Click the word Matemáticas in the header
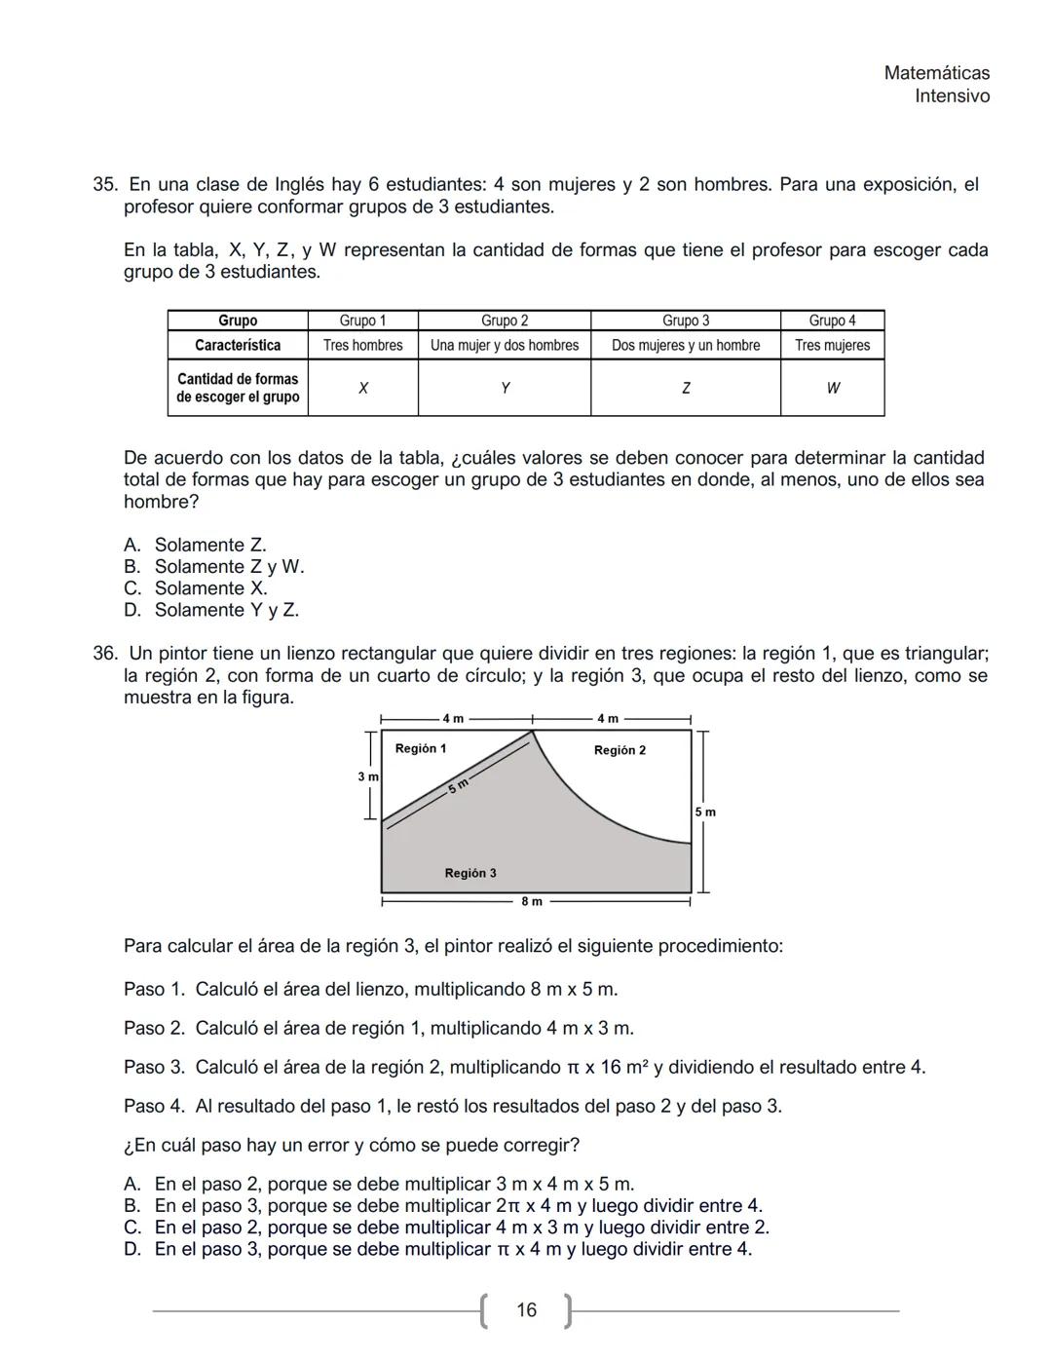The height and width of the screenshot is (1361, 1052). pos(936,73)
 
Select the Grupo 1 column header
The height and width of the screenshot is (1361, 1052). pos(362,321)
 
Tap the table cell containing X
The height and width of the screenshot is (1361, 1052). pos(362,389)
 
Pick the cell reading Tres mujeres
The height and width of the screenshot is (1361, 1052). pos(832,346)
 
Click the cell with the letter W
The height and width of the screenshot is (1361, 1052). pos(832,389)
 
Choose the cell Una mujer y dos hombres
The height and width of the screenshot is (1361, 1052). pos(504,346)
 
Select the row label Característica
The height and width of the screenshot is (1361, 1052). pos(238,346)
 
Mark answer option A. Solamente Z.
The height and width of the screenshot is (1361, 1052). pos(195,546)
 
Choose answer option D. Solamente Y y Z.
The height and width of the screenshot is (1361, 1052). pos(211,611)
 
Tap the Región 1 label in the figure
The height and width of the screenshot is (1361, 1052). pos(421,748)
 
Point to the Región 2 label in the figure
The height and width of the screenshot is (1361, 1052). pos(620,750)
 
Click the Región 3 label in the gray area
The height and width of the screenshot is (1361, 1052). pos(470,873)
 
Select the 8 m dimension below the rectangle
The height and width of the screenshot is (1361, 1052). pos(532,902)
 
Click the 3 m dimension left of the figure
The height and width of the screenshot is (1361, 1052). pos(367,776)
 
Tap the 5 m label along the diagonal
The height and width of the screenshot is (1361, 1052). pos(459,785)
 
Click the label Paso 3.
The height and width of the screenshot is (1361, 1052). pos(154,1068)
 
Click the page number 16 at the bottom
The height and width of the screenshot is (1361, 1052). pos(526,1310)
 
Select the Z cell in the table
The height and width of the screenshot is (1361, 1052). pos(685,389)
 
